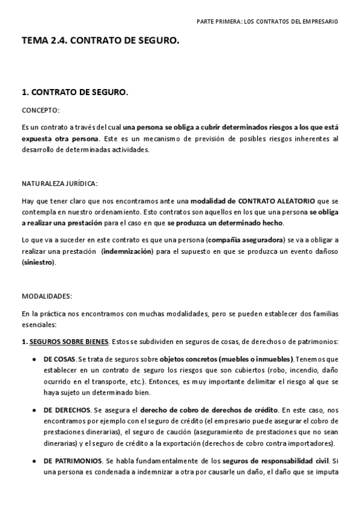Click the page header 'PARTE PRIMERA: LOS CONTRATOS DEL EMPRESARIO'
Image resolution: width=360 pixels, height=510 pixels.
(267, 21)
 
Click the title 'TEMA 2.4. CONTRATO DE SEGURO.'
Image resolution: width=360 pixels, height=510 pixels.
(100, 41)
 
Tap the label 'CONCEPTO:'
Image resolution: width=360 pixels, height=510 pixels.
(41, 111)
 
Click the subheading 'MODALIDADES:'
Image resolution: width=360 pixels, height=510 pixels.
(47, 296)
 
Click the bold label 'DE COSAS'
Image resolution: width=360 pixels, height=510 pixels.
(59, 359)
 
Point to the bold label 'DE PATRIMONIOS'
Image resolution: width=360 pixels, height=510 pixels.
(72, 461)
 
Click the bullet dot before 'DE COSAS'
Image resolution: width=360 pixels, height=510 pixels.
(32, 359)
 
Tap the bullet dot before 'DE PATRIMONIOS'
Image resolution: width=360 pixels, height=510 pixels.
(32, 461)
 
